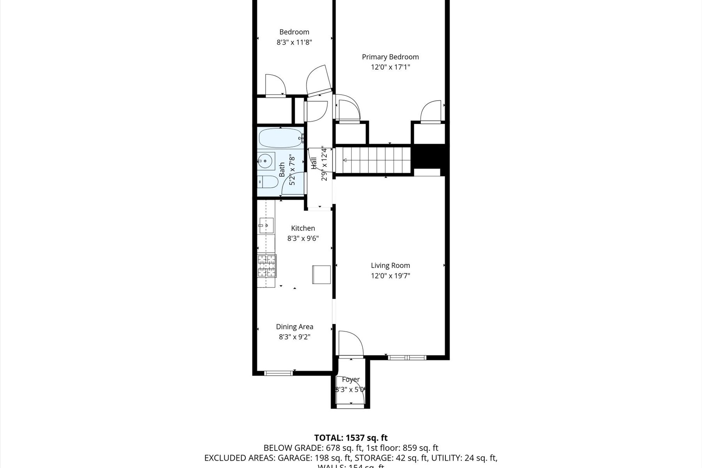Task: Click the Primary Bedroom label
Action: click(x=390, y=57)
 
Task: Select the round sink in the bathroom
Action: click(x=266, y=161)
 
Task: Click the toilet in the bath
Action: click(x=267, y=182)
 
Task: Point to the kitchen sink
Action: click(x=266, y=225)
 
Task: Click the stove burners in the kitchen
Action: click(x=267, y=266)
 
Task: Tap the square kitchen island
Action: click(x=321, y=275)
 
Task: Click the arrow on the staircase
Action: click(x=345, y=160)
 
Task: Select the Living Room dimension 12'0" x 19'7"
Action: click(x=390, y=276)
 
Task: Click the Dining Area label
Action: click(x=294, y=327)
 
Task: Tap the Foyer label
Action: click(x=351, y=379)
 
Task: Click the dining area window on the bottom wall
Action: click(x=278, y=373)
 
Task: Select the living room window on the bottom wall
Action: click(x=407, y=357)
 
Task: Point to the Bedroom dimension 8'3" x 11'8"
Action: click(x=294, y=42)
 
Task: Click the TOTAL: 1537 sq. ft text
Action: click(x=351, y=438)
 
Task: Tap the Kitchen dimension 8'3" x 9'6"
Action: click(x=303, y=238)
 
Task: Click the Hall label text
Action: click(x=314, y=163)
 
